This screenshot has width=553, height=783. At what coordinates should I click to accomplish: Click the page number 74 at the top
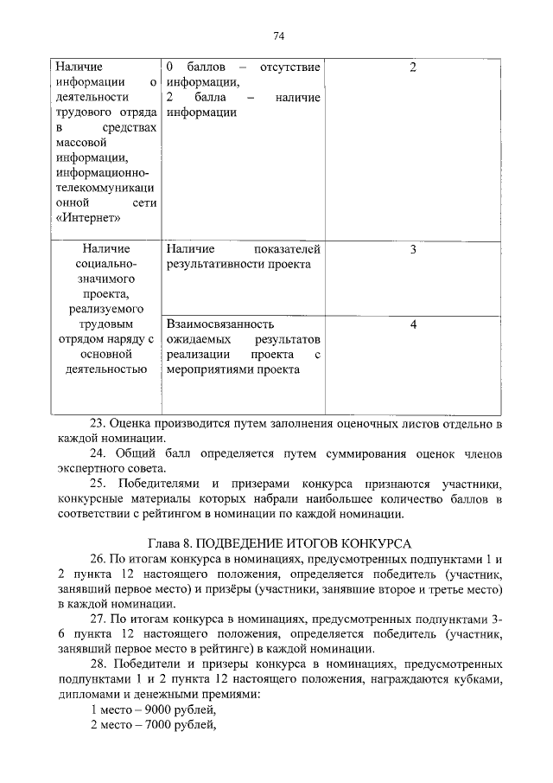click(278, 35)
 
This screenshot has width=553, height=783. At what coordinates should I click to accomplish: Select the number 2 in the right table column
click(413, 67)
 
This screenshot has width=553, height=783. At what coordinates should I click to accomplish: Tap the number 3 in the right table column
click(413, 250)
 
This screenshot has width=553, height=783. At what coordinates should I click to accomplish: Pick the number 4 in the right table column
click(413, 324)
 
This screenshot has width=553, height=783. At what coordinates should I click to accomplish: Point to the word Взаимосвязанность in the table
click(220, 324)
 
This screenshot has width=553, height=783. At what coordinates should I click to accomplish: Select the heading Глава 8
click(173, 543)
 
